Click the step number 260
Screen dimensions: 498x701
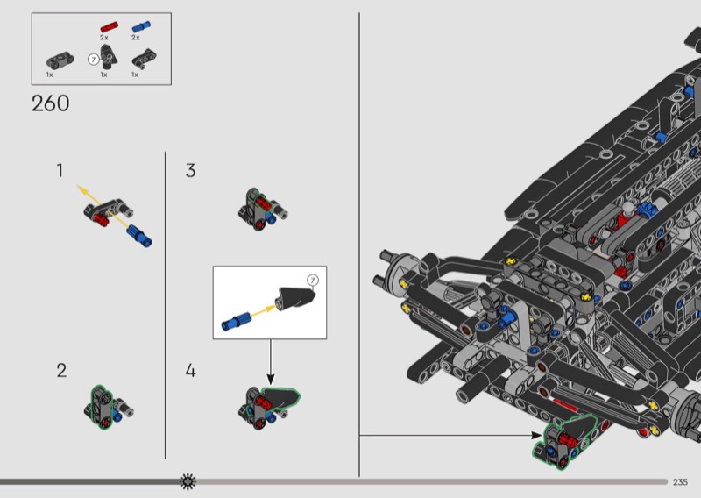point(50,103)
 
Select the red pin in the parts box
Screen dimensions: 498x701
point(108,27)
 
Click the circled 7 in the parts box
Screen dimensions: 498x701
point(94,59)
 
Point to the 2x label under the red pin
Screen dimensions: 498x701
point(104,39)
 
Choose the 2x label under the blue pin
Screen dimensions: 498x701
point(136,39)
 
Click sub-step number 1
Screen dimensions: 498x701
point(60,171)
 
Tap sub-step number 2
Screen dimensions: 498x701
point(61,370)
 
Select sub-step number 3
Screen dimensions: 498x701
point(190,171)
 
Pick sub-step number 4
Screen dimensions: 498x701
point(190,370)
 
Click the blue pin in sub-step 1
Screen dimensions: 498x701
point(139,235)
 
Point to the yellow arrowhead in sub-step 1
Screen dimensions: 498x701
point(80,187)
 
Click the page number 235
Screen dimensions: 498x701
point(681,482)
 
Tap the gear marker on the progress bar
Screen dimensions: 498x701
point(188,481)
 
